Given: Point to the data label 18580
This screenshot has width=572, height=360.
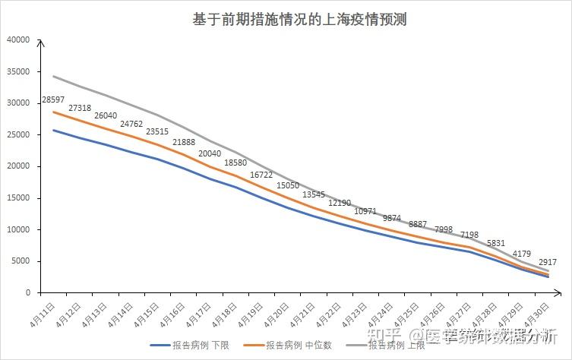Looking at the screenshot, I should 235,163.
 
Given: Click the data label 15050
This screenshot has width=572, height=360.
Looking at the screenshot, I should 287,185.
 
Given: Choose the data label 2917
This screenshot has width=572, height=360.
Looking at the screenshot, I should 547,262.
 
